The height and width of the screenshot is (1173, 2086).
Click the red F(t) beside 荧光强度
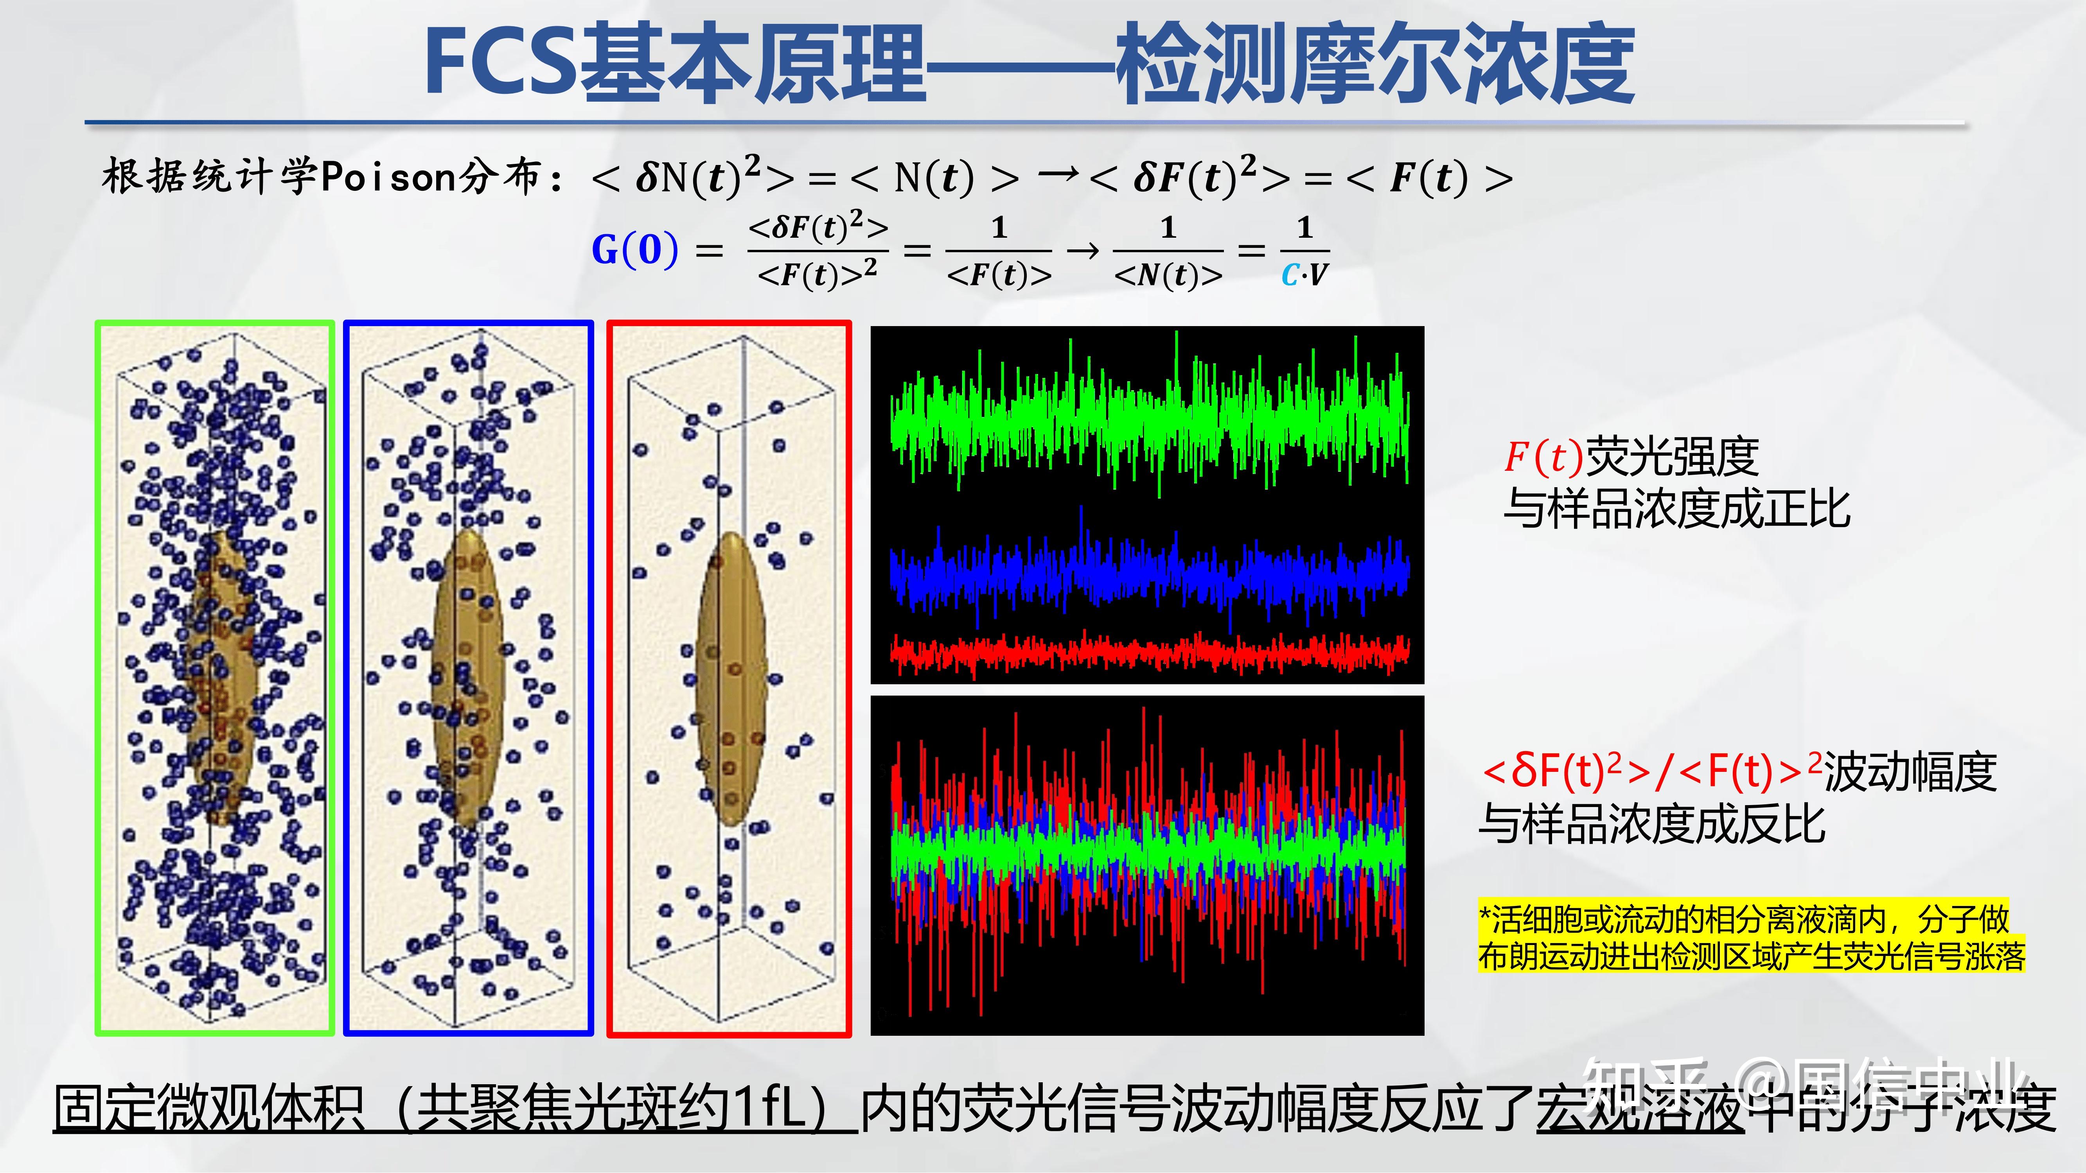point(1543,457)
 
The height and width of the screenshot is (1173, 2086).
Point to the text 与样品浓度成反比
point(1652,824)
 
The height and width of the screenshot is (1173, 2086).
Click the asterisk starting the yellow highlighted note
point(1484,917)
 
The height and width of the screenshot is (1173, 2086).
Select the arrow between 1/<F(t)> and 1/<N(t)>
point(1083,251)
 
